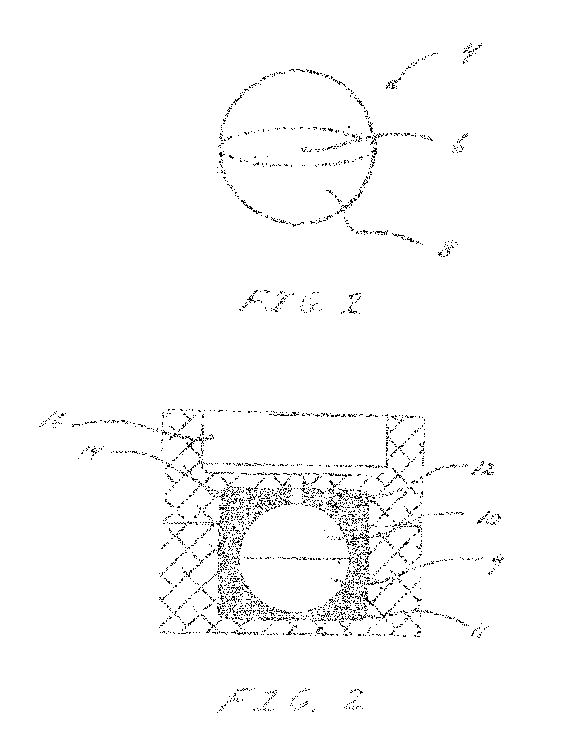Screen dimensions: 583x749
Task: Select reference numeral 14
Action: coord(85,453)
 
